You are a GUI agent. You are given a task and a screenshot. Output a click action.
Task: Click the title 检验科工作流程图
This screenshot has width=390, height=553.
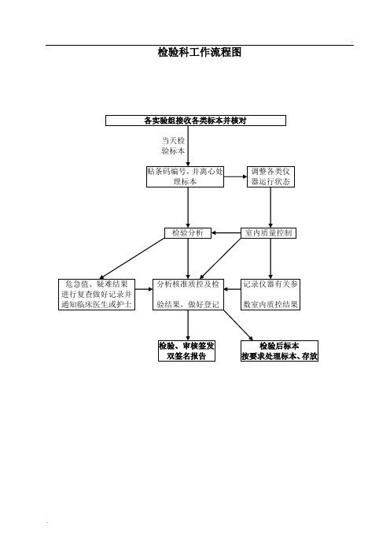coord(200,52)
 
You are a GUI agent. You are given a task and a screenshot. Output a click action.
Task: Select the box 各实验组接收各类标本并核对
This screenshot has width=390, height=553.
coord(196,121)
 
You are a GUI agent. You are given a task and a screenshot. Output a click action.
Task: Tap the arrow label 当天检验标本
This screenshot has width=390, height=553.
coord(173,146)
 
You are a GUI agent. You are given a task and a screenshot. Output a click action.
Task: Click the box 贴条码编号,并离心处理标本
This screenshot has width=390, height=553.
coord(185,176)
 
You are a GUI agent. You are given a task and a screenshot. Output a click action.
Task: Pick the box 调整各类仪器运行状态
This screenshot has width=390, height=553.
coord(270,176)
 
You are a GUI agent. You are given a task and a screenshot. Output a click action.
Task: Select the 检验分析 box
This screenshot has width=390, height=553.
coord(188,232)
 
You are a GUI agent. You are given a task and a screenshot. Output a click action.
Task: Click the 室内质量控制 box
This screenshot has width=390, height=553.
coord(269,232)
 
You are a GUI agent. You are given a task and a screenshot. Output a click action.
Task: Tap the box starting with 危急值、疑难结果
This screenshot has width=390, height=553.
coord(97,295)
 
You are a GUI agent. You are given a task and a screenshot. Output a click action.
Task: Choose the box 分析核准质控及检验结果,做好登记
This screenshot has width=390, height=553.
coord(188,295)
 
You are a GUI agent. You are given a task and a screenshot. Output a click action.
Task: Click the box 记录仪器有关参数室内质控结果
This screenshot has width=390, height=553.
coord(270,295)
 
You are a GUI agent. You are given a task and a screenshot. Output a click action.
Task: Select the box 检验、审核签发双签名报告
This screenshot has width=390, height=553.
coord(186,351)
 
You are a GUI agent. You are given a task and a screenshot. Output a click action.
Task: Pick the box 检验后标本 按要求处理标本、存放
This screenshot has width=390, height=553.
coord(279,351)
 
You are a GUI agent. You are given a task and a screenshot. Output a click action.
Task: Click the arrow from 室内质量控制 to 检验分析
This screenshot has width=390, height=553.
coord(226,232)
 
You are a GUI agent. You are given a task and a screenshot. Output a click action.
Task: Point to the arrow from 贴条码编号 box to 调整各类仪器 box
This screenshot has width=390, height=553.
coord(235,176)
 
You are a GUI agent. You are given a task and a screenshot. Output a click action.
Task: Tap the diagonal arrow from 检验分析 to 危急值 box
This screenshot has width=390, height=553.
coord(132,258)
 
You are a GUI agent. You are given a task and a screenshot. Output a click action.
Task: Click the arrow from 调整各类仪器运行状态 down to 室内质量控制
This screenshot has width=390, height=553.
coord(270,207)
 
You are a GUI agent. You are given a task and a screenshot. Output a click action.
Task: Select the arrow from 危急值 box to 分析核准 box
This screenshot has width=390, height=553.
coord(144,289)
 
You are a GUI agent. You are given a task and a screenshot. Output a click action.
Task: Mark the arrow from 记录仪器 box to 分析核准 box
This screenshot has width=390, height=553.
coord(232,289)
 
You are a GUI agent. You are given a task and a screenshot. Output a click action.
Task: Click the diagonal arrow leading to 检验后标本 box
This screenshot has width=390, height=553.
coord(238,325)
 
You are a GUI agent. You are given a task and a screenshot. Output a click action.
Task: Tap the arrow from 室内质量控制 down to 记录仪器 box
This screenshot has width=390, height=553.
coord(270,258)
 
